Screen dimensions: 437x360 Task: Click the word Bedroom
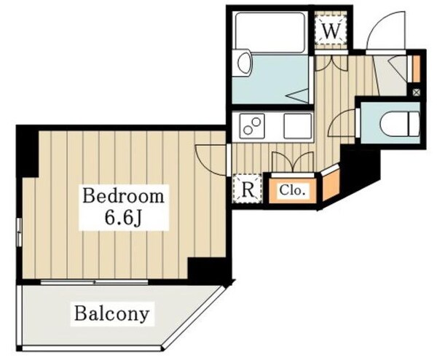coord(123,196)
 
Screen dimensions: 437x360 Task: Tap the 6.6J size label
coord(124,217)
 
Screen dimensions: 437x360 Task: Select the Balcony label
coord(111,313)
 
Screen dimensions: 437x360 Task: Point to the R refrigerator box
coord(248,189)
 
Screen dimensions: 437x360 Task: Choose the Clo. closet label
coord(292,190)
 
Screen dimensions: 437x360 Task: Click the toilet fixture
coord(400,124)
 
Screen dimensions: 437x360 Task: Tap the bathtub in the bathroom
coord(269,33)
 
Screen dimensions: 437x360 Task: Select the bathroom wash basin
coord(245,63)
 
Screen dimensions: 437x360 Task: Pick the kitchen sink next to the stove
coord(298,126)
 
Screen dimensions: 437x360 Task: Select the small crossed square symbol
coord(416,93)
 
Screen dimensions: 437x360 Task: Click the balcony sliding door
coord(94,282)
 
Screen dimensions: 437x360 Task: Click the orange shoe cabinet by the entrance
coord(416,69)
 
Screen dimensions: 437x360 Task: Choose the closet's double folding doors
coord(293,163)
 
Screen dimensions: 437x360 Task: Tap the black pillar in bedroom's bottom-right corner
coord(209,269)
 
